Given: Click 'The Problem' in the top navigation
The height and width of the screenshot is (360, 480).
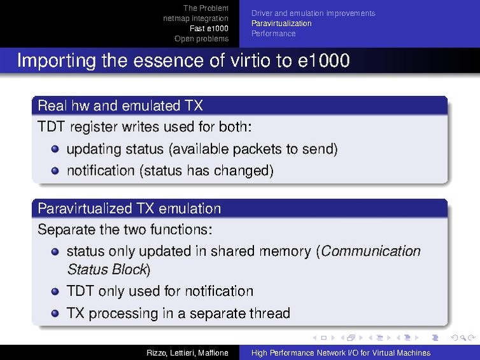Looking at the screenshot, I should [x=206, y=8].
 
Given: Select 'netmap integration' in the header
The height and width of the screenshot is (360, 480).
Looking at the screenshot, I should [x=195, y=18].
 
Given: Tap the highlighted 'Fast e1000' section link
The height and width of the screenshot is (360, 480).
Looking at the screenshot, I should [x=209, y=29].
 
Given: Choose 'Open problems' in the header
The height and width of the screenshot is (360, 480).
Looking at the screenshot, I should [x=201, y=39].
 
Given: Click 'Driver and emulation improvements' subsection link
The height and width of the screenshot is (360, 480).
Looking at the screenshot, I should [x=313, y=13].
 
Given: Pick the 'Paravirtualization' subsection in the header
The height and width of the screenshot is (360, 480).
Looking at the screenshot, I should [x=281, y=24].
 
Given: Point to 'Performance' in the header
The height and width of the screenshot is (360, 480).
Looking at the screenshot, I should [x=273, y=34].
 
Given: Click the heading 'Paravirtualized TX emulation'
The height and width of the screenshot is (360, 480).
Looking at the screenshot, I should [x=129, y=209].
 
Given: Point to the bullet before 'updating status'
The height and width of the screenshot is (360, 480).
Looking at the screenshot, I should [x=55, y=149].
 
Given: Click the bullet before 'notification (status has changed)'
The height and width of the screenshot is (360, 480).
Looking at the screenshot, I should [x=55, y=170].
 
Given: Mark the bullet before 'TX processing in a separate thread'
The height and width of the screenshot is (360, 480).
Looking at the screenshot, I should [x=55, y=313].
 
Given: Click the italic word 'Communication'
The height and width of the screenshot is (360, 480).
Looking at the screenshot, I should [x=371, y=251].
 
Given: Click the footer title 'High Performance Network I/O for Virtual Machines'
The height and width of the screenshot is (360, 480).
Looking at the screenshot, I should [x=341, y=353].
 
